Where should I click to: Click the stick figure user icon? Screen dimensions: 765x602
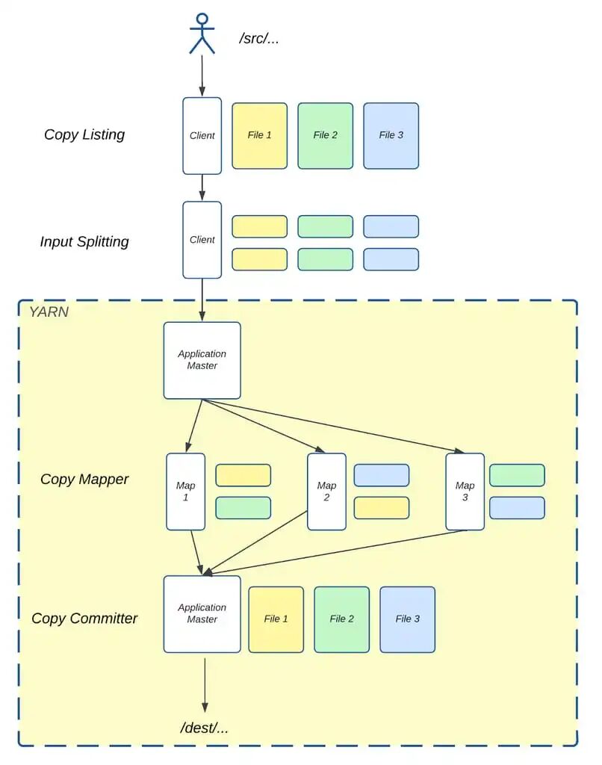(202, 34)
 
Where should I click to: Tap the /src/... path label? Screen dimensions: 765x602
(259, 38)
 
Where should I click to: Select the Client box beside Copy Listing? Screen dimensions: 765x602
(202, 136)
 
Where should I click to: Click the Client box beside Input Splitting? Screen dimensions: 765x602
(202, 240)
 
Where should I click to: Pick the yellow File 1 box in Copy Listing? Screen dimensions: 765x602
(259, 136)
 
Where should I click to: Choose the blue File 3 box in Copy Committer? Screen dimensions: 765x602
(407, 619)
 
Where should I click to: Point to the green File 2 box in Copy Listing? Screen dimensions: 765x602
(325, 136)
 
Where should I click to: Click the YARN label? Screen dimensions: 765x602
(49, 312)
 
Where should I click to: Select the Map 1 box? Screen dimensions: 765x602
(185, 492)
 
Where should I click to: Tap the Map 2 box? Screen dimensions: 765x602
(326, 492)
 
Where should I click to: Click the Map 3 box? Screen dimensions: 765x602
(465, 492)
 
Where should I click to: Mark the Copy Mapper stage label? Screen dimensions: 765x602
(84, 480)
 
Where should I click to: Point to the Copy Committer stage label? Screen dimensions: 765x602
(84, 619)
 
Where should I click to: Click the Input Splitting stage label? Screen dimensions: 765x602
(84, 242)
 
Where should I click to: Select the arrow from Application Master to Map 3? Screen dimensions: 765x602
(336, 427)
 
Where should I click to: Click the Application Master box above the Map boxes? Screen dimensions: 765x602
(202, 360)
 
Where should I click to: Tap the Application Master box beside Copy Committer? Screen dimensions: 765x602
(202, 614)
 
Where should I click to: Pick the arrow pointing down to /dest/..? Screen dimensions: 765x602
(204, 684)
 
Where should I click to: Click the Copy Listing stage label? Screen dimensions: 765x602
(84, 135)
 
